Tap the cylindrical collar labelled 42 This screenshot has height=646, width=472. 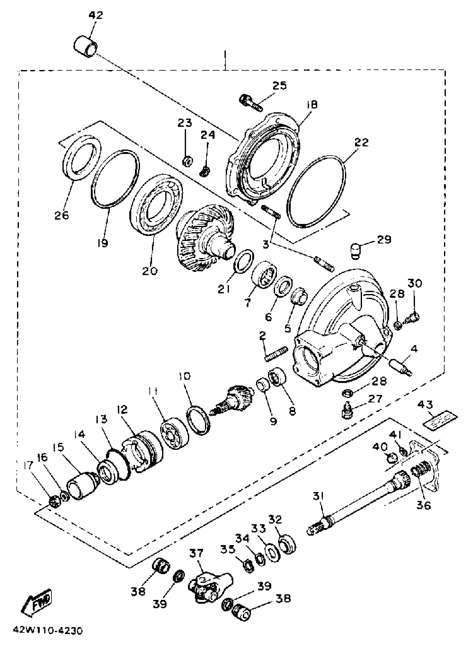86,47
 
